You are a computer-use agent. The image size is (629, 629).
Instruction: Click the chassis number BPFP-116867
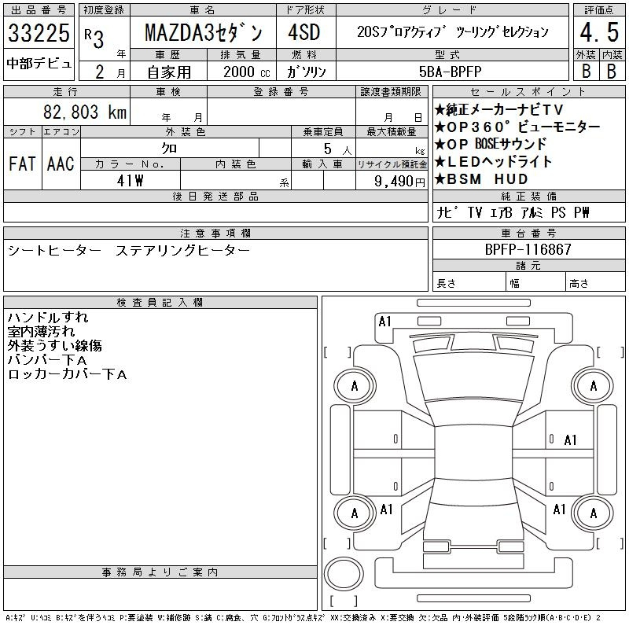pyautogui.click(x=528, y=249)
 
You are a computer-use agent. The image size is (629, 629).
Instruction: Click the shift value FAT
pyautogui.click(x=22, y=164)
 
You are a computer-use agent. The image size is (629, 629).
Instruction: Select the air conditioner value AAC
pyautogui.click(x=61, y=164)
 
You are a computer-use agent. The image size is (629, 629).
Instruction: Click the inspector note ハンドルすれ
pyautogui.click(x=48, y=318)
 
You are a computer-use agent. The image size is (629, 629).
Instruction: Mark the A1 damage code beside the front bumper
pyautogui.click(x=385, y=322)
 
